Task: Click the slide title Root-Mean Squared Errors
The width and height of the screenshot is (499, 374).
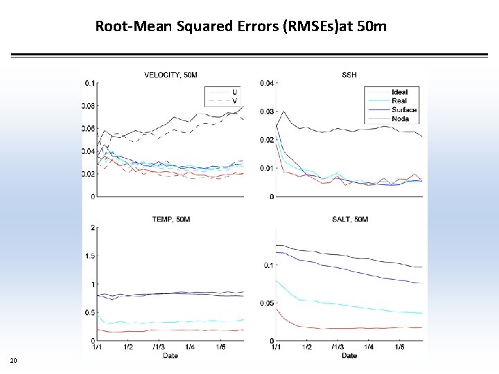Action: pyautogui.click(x=240, y=27)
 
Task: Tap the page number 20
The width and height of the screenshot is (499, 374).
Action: pyautogui.click(x=14, y=360)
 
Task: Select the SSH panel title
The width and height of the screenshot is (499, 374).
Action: pyautogui.click(x=349, y=74)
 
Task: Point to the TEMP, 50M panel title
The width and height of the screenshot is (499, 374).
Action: pyautogui.click(x=170, y=219)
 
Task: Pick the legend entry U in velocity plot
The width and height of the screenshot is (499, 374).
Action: pyautogui.click(x=234, y=92)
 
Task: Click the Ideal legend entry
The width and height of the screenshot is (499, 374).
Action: pyautogui.click(x=399, y=92)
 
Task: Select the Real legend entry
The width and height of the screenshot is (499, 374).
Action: pyautogui.click(x=399, y=101)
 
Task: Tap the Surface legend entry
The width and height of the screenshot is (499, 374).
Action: pyautogui.click(x=403, y=110)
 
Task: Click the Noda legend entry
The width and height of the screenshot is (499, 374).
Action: pyautogui.click(x=400, y=118)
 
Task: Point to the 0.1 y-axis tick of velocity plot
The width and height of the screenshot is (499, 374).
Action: pyautogui.click(x=90, y=83)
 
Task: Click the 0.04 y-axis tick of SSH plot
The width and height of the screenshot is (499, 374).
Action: pyautogui.click(x=267, y=83)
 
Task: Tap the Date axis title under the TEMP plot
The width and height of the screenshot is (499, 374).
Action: pyautogui.click(x=170, y=355)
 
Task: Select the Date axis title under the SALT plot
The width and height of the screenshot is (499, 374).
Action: pyautogui.click(x=349, y=355)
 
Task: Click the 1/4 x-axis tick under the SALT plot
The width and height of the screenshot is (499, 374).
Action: pyautogui.click(x=368, y=347)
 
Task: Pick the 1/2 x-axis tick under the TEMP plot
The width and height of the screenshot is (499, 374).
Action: pyautogui.click(x=128, y=347)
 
